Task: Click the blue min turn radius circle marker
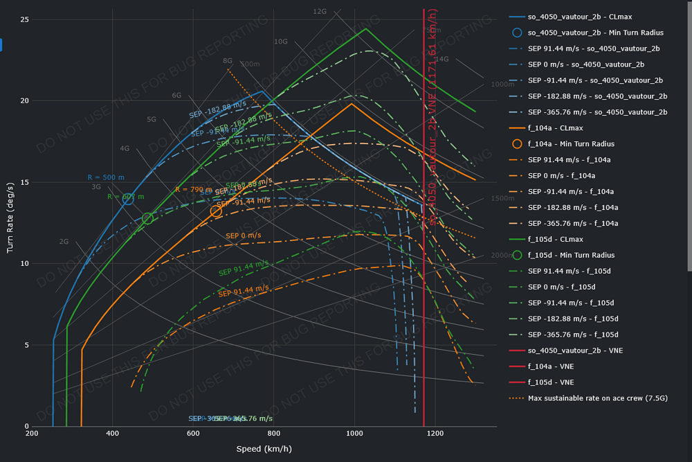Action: click(128, 199)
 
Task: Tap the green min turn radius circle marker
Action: click(147, 219)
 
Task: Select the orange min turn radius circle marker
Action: click(216, 211)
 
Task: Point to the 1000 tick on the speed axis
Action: click(354, 434)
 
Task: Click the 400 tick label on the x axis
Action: click(112, 434)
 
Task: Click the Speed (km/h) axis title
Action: click(264, 449)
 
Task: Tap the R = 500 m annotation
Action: click(106, 177)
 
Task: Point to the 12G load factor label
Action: click(320, 11)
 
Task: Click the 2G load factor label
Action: click(64, 242)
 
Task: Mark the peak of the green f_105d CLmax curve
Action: click(366, 28)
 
